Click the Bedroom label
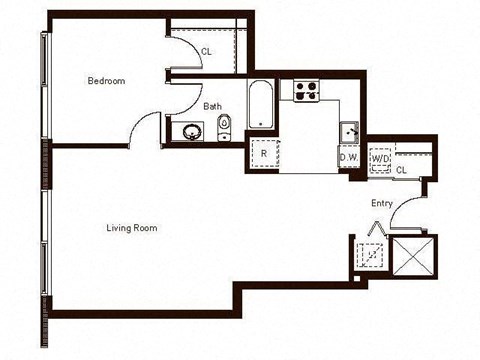[x=106, y=81]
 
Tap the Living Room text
[x=131, y=227]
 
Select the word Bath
[x=213, y=105]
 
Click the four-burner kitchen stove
[x=305, y=90]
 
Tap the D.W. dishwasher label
[x=349, y=157]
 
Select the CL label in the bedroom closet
[x=206, y=50]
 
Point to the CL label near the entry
[x=401, y=170]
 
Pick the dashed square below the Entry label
[x=371, y=254]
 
